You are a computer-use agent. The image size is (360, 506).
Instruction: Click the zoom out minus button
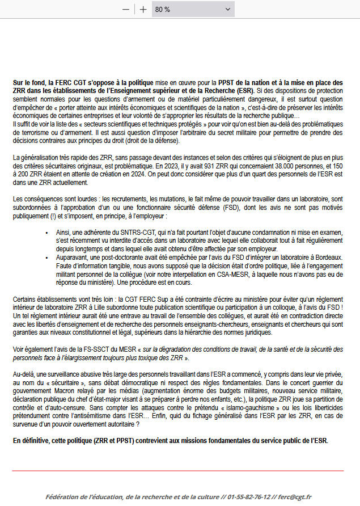pos(125,10)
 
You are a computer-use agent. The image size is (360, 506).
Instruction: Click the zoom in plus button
pos(143,10)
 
